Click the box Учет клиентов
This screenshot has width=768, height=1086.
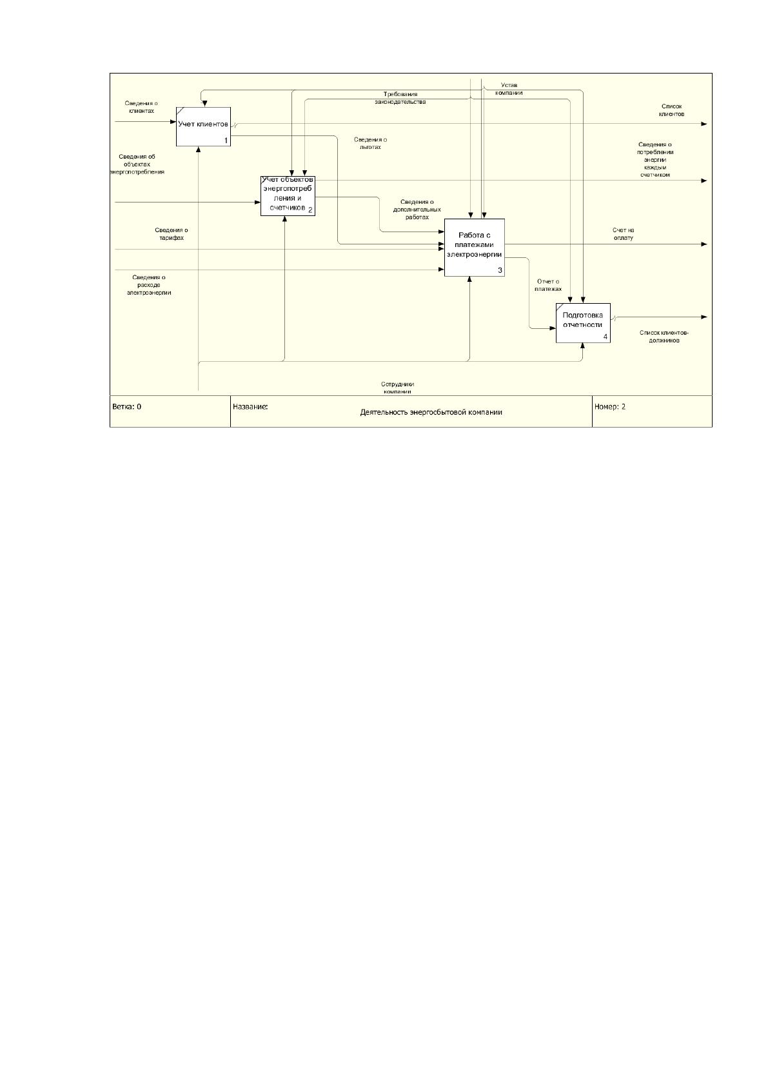[x=203, y=126]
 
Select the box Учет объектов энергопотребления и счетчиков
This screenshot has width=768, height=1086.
[x=288, y=196]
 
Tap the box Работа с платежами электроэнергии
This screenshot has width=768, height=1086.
[x=475, y=248]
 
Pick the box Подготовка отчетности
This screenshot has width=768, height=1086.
[x=584, y=323]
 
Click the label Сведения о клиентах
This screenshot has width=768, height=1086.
[x=141, y=107]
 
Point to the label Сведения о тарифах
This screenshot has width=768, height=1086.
[x=172, y=234]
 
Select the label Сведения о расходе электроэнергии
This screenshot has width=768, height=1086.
[x=149, y=285]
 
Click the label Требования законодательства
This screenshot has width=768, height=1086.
[x=400, y=98]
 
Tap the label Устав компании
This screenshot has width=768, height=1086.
[x=509, y=89]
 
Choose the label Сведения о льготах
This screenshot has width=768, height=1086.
[x=370, y=143]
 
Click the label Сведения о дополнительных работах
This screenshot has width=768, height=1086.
[x=417, y=210]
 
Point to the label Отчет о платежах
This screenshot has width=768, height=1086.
[x=548, y=285]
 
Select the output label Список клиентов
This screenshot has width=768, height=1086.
[x=671, y=110]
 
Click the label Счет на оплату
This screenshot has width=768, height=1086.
[x=624, y=234]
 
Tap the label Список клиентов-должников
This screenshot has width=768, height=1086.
[x=664, y=337]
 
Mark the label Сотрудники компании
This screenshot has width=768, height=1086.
[x=398, y=388]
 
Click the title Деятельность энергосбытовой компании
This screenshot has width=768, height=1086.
[x=431, y=412]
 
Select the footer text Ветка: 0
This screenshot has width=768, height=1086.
[x=127, y=407]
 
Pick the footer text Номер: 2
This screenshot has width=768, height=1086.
[x=610, y=407]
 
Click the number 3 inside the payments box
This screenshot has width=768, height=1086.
[x=500, y=270]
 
